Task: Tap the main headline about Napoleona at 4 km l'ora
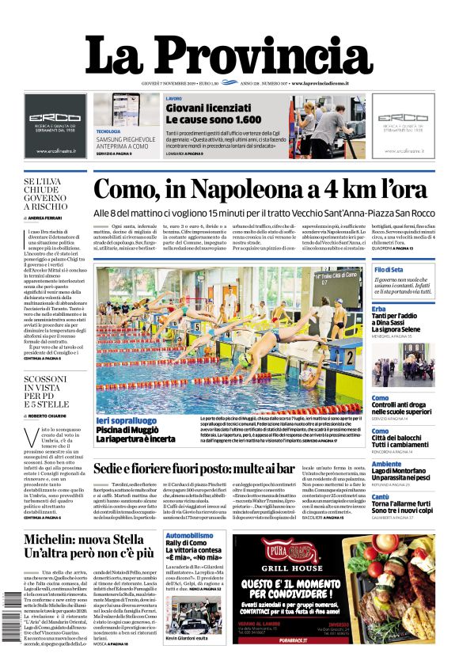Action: click(x=260, y=190)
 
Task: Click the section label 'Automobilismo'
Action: click(x=189, y=536)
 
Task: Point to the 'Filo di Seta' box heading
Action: click(x=389, y=271)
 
